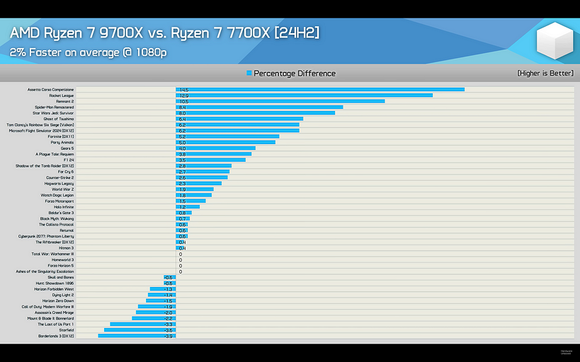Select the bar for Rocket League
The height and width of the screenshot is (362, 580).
point(305,95)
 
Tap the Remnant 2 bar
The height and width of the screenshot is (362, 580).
point(280,101)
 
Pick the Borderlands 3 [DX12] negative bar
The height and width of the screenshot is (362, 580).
point(137,336)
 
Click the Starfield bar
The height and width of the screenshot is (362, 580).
point(140,330)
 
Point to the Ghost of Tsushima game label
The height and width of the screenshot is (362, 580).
point(59,119)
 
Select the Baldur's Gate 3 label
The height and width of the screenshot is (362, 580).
point(59,213)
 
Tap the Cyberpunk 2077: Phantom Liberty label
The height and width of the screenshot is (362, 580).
point(46,236)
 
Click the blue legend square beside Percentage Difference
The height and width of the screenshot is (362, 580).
point(249,74)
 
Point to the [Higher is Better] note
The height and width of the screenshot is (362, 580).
point(545,74)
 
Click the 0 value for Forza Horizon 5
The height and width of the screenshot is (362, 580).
point(181,266)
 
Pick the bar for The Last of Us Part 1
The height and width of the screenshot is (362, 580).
point(142,325)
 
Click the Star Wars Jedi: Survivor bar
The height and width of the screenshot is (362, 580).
point(255,113)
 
